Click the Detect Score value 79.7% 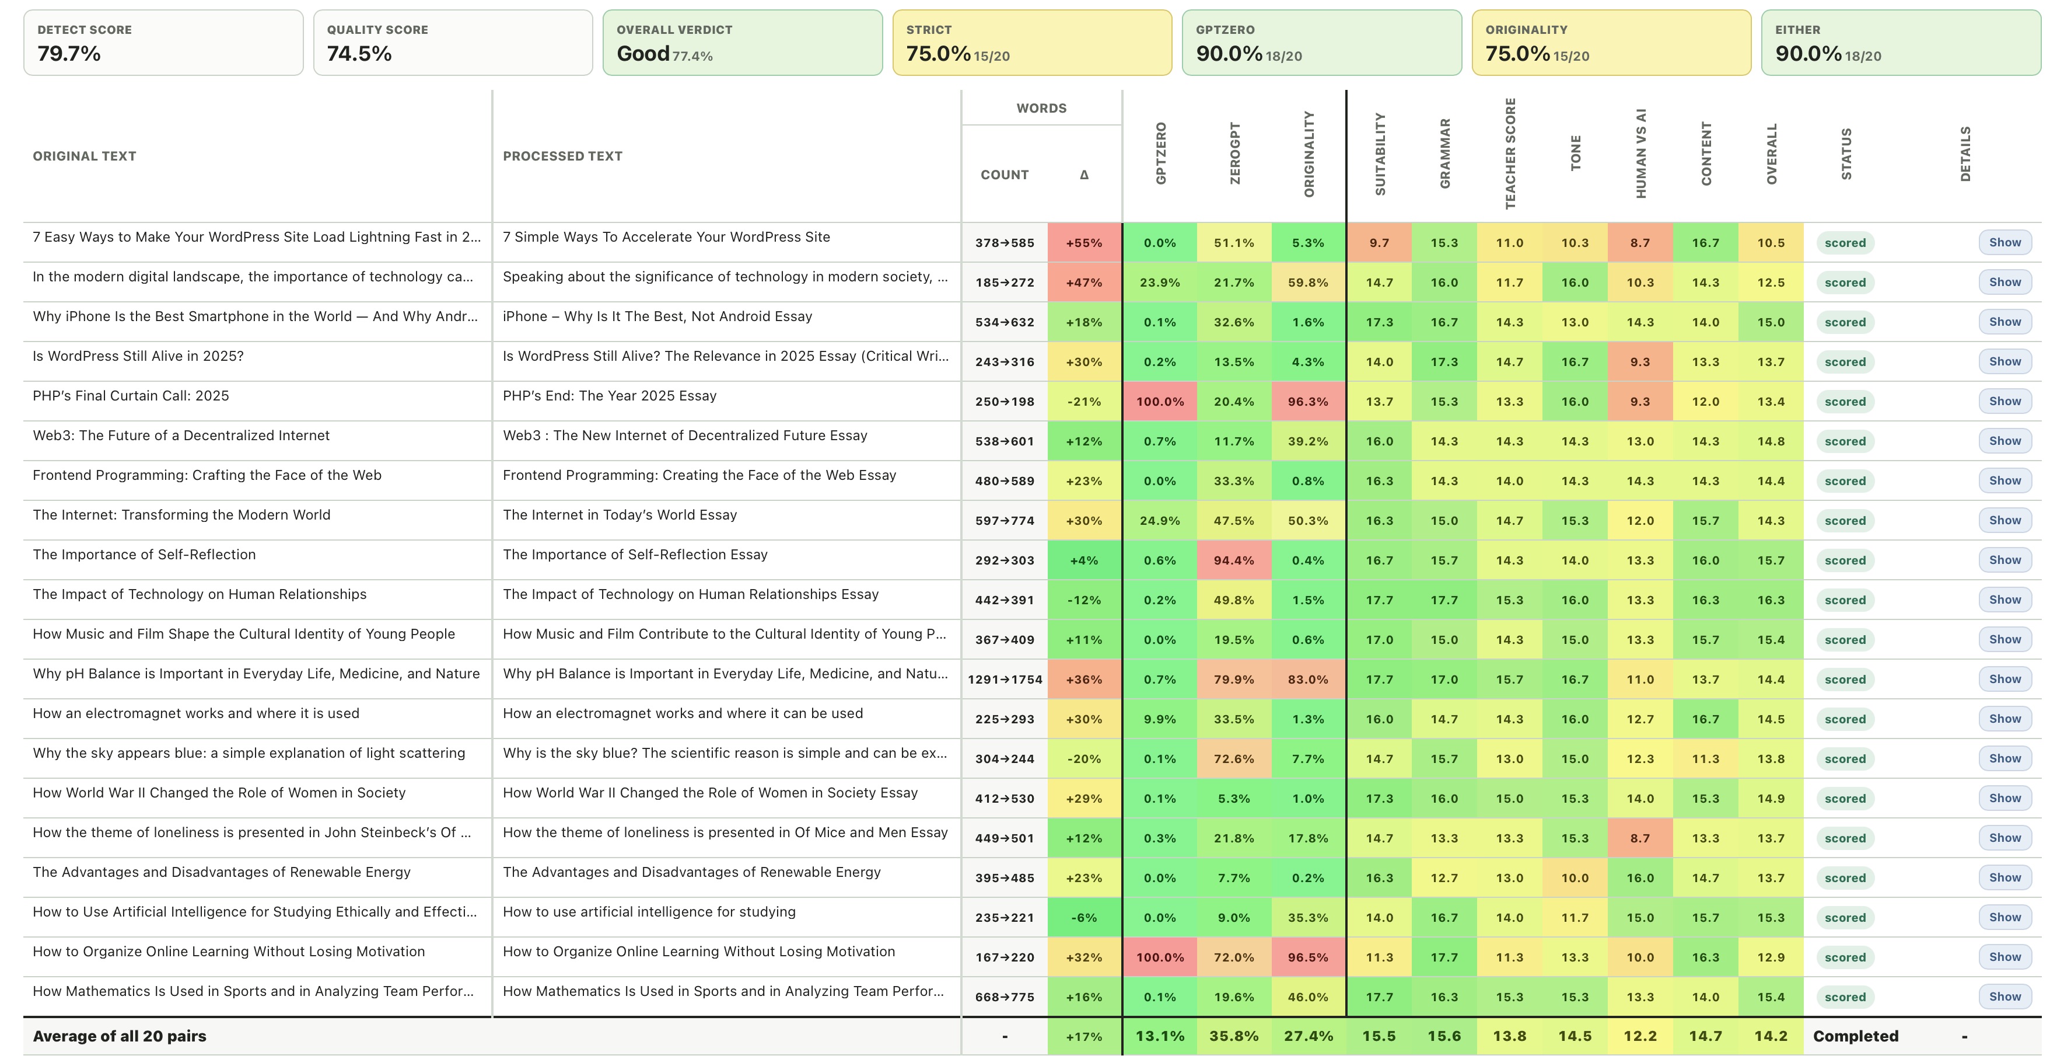point(69,54)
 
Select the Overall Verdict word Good point(643,54)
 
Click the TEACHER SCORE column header point(1510,154)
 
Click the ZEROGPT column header point(1234,154)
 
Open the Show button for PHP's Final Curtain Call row point(2004,401)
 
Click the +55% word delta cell point(1084,243)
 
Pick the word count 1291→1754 point(1005,680)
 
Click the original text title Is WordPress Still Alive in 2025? point(138,356)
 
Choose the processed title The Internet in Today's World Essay point(620,515)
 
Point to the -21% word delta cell point(1084,402)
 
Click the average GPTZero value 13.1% point(1159,1036)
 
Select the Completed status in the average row point(1856,1036)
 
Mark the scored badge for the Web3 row point(1845,441)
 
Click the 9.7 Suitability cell point(1379,243)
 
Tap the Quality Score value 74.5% point(359,54)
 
